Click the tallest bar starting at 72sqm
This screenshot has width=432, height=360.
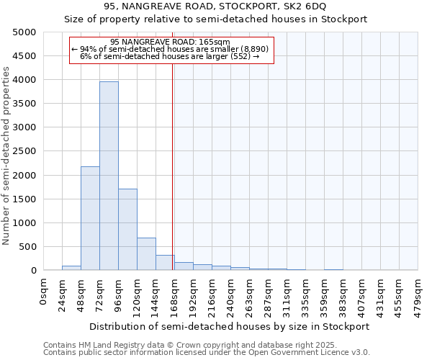coord(109,176)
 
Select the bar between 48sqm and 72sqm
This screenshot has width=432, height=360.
coord(90,218)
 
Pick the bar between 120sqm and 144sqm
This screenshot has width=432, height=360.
coord(146,253)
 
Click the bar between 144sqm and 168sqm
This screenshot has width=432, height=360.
coord(165,262)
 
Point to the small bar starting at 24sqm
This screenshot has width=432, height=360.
coord(71,268)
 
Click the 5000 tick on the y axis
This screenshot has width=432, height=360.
coord(25,32)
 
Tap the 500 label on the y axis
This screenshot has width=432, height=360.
coord(28,247)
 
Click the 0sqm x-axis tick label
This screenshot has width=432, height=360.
coord(44,289)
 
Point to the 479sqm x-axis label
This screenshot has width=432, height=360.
coord(418,292)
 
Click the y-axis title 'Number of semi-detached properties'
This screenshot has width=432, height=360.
coord(6,156)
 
